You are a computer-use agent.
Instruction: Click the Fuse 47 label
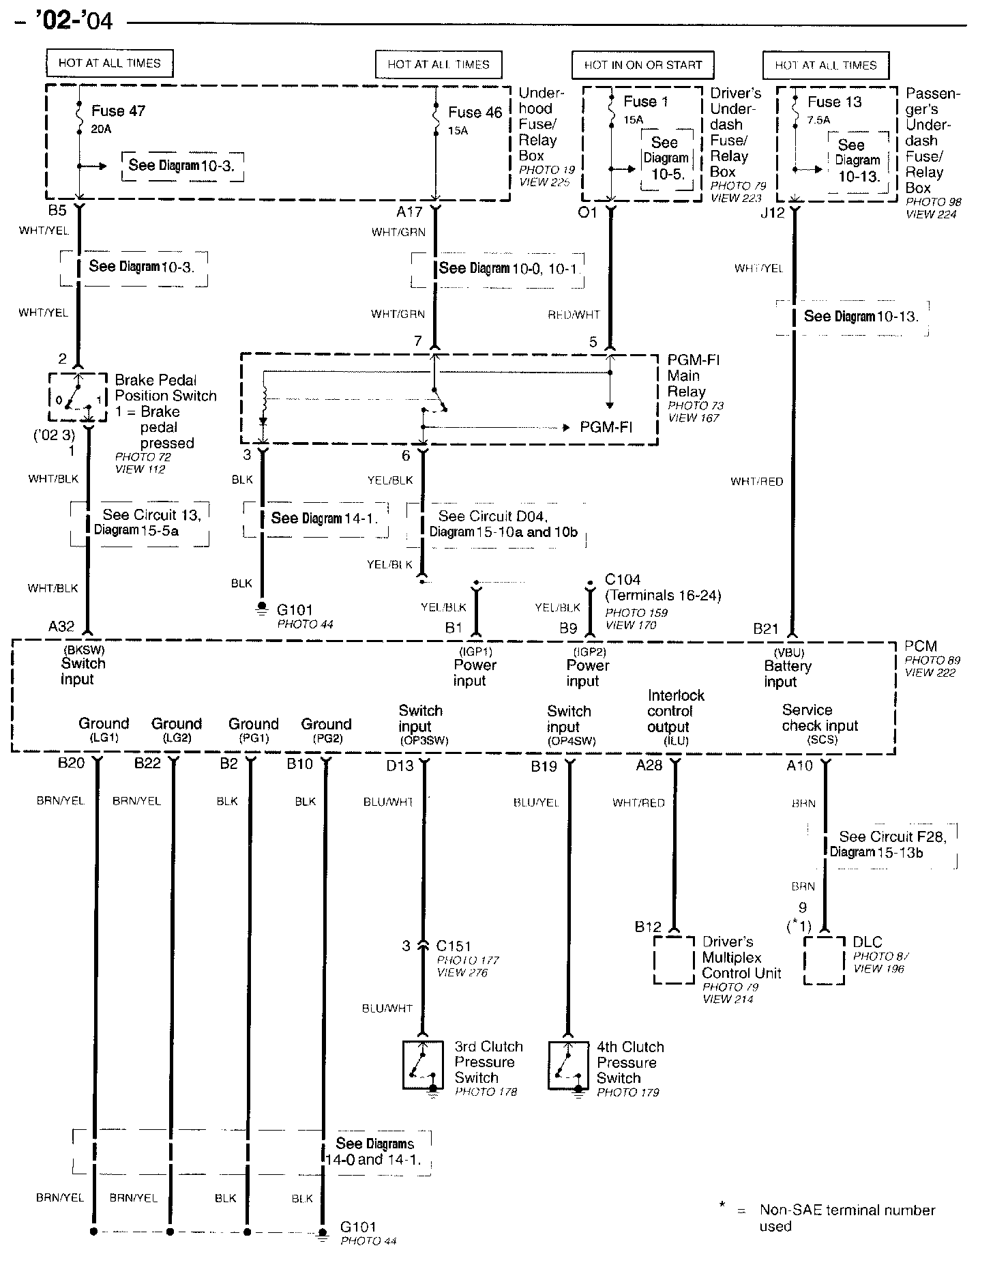click(118, 111)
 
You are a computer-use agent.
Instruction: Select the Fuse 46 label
click(475, 113)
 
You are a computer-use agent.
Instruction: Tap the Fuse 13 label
click(834, 102)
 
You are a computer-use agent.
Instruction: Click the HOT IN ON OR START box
click(642, 65)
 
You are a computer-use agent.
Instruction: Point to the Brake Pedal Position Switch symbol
click(78, 398)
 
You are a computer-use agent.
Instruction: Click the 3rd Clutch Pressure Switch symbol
click(423, 1064)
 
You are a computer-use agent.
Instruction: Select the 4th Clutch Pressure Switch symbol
click(568, 1065)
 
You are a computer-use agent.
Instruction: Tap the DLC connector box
click(824, 960)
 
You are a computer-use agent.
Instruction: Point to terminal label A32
click(61, 627)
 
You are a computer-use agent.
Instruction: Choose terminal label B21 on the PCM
click(766, 629)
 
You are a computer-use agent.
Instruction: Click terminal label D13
click(400, 766)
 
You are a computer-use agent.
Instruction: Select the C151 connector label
click(454, 946)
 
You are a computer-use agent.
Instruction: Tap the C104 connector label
click(623, 580)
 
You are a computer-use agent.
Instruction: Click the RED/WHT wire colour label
click(574, 315)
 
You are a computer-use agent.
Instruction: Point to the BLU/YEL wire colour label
click(536, 802)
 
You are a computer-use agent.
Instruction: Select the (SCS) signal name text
click(822, 740)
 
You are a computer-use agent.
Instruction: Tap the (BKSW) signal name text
click(84, 650)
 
